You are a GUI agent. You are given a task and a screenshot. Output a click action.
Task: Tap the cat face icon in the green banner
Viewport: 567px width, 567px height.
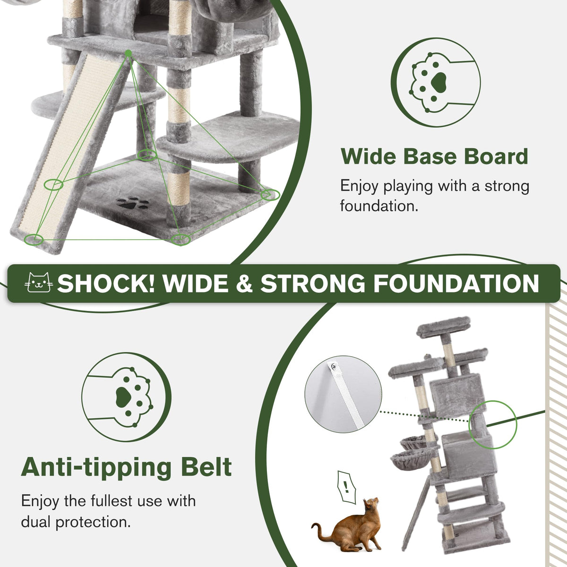(x=39, y=283)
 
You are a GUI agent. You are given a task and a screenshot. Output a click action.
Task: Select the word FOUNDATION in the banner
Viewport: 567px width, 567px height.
(x=456, y=283)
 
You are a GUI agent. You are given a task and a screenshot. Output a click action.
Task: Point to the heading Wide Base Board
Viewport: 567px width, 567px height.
(x=434, y=156)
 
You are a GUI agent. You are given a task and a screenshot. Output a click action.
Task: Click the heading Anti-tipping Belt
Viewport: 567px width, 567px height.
(x=127, y=467)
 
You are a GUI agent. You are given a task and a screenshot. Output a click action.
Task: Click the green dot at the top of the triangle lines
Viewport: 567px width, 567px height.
(x=129, y=53)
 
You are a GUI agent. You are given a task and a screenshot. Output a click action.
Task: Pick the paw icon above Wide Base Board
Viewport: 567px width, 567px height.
(x=436, y=83)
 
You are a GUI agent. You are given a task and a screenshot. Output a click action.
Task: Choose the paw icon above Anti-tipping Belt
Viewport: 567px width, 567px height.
(x=126, y=397)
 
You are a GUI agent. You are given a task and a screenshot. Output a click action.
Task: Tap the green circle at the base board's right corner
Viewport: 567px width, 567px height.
(x=270, y=195)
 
